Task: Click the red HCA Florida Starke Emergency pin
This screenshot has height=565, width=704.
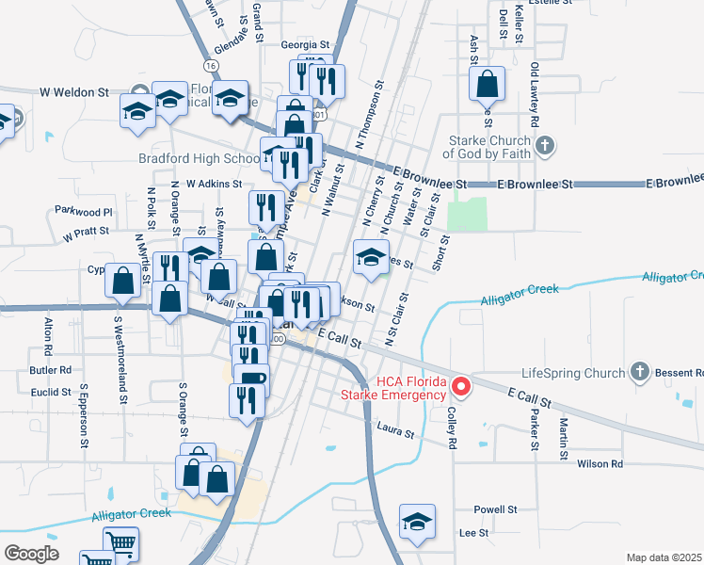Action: click(x=461, y=386)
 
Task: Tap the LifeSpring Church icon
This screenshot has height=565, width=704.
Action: click(x=640, y=371)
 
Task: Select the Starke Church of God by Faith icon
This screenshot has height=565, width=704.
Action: click(x=545, y=145)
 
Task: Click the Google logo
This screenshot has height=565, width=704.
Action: click(x=32, y=553)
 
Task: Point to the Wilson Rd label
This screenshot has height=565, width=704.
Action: click(x=600, y=464)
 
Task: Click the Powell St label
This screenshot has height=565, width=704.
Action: click(x=496, y=508)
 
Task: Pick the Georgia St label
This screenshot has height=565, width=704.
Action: click(x=305, y=44)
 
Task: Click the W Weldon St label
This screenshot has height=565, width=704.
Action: click(x=75, y=92)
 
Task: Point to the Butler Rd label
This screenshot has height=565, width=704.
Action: click(x=51, y=371)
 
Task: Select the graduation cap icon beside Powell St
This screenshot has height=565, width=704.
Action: click(x=417, y=523)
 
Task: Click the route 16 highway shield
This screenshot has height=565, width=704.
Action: click(x=210, y=65)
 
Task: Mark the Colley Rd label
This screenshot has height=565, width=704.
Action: click(x=452, y=427)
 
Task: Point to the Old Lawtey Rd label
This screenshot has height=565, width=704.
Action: click(x=534, y=95)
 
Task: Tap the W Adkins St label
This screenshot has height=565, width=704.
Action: click(x=214, y=185)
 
